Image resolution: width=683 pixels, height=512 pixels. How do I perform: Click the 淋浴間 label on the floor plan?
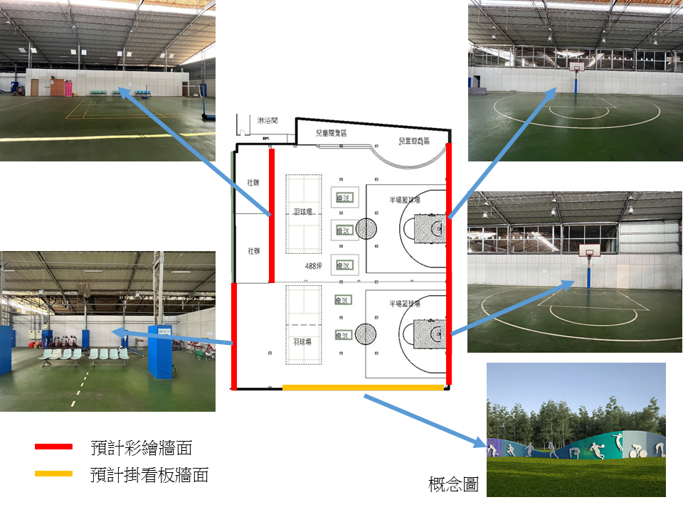pos(268,122)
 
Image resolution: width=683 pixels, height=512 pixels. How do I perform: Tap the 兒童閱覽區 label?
pos(331,133)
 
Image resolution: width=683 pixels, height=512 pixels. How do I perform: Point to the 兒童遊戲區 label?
pos(415,141)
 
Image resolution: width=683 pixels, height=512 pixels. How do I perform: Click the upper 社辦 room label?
pos(253,183)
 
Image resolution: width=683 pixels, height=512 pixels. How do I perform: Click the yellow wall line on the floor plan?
pos(363,388)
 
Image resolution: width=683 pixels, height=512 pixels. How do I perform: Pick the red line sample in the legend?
pos(53,447)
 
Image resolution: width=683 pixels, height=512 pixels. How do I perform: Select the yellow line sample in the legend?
pos(53,474)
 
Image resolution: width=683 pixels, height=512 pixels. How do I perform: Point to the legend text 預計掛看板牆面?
pos(149,475)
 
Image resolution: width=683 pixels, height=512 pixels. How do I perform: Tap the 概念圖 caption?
pos(453,485)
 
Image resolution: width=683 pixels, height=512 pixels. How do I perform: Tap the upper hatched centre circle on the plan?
pos(366,228)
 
